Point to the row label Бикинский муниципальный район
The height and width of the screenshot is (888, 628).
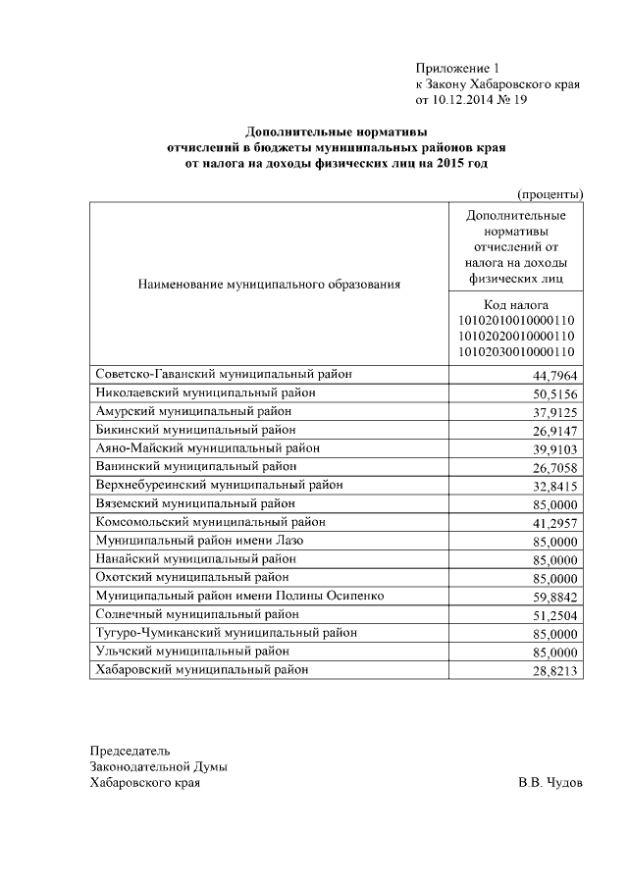(x=182, y=429)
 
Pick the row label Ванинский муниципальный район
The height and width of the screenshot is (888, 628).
(x=182, y=466)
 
